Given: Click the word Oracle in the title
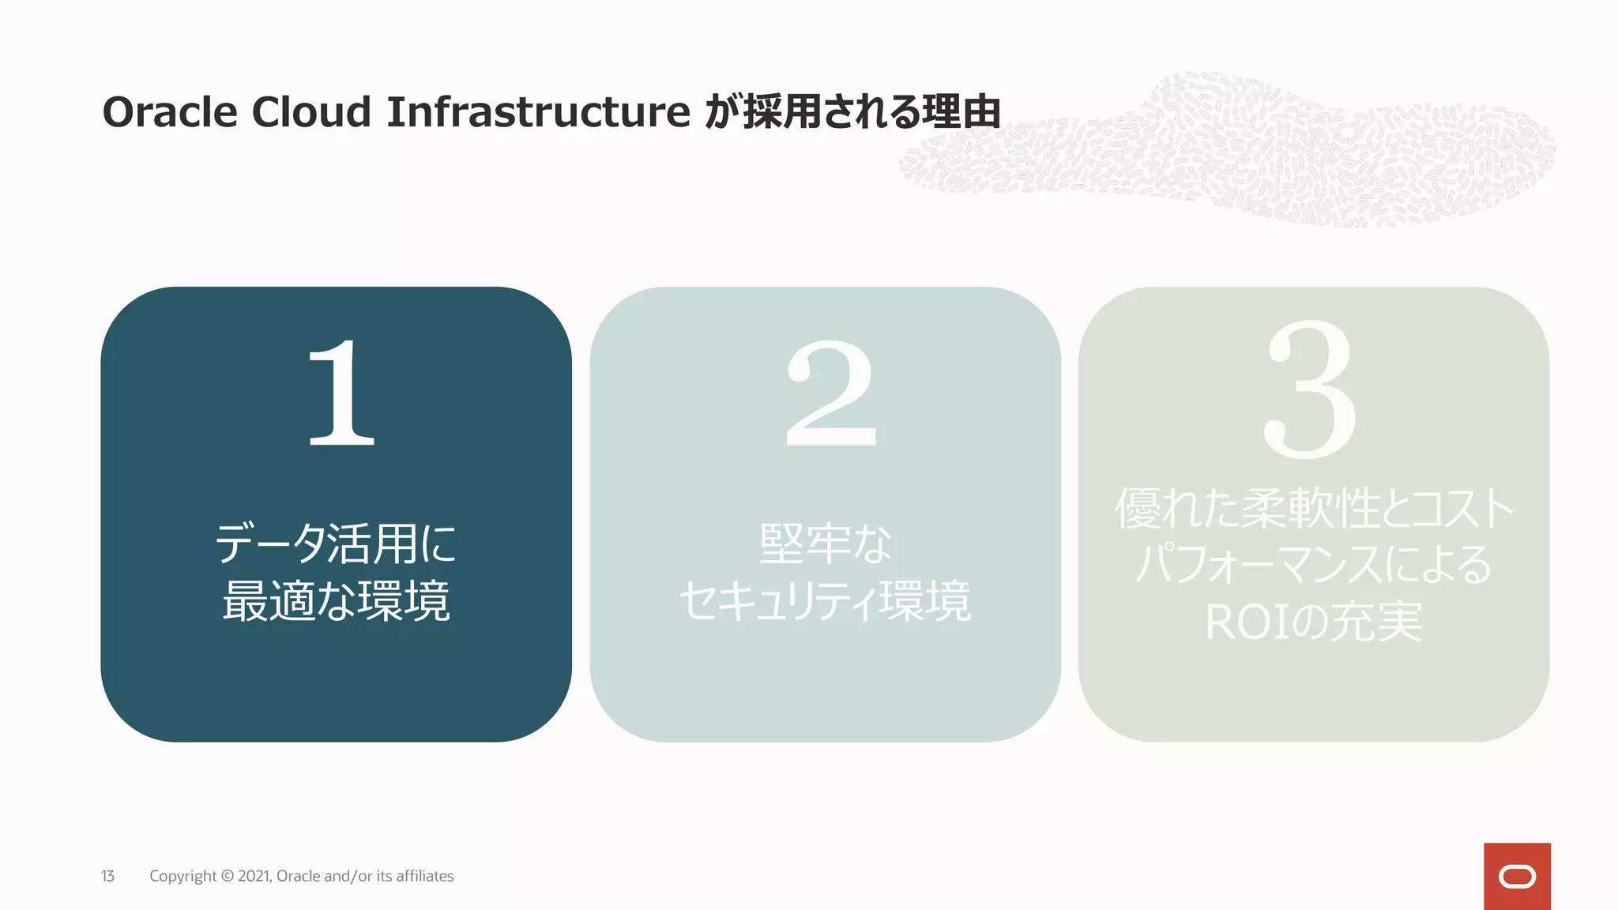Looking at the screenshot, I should [170, 112].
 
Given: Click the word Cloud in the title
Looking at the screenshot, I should [311, 112].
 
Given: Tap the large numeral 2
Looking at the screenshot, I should [831, 393].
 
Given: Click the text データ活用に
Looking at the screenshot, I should [336, 543].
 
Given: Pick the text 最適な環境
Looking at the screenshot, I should [336, 600].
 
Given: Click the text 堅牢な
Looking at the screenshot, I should [825, 543].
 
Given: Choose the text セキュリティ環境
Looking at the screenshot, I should [825, 600].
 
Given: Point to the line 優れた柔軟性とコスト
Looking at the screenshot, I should [1314, 508].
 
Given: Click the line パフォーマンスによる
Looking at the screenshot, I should [1314, 565].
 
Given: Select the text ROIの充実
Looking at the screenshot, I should [1314, 622].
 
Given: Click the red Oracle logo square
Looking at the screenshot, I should [1517, 876].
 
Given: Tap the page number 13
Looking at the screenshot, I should [107, 876].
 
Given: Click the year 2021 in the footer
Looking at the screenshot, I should [254, 876].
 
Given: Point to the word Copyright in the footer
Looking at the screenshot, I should [182, 876].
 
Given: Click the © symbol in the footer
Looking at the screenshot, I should [227, 876].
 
